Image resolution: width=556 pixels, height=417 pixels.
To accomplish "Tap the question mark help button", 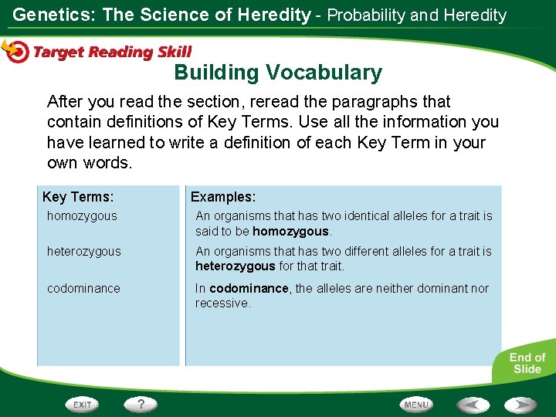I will coord(141,404).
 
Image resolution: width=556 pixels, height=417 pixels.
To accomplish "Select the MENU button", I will coord(416,404).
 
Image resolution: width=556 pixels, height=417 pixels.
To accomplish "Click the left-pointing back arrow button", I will coord(473,404).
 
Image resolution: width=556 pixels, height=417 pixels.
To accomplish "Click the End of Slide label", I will coord(527,363).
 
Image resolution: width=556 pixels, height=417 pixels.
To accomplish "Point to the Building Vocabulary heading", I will coord(278,73).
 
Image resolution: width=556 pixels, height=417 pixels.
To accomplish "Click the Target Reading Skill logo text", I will coord(112,53).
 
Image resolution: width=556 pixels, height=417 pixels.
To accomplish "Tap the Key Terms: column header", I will coord(78,198).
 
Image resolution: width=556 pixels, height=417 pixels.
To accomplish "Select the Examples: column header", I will coord(223,198).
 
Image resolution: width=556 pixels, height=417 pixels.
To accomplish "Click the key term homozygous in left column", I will coord(82,216).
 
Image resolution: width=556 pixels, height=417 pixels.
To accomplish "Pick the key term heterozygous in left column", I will coord(83,252).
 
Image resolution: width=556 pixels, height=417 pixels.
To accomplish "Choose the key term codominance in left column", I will coord(83,288).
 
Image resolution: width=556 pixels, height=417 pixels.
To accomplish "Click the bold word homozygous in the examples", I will coord(290,231).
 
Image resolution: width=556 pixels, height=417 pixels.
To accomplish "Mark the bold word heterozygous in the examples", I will coord(235,266).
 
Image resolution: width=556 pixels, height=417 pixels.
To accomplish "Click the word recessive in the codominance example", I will coord(222,303).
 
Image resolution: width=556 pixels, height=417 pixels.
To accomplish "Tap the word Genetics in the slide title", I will coord(48,15).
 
